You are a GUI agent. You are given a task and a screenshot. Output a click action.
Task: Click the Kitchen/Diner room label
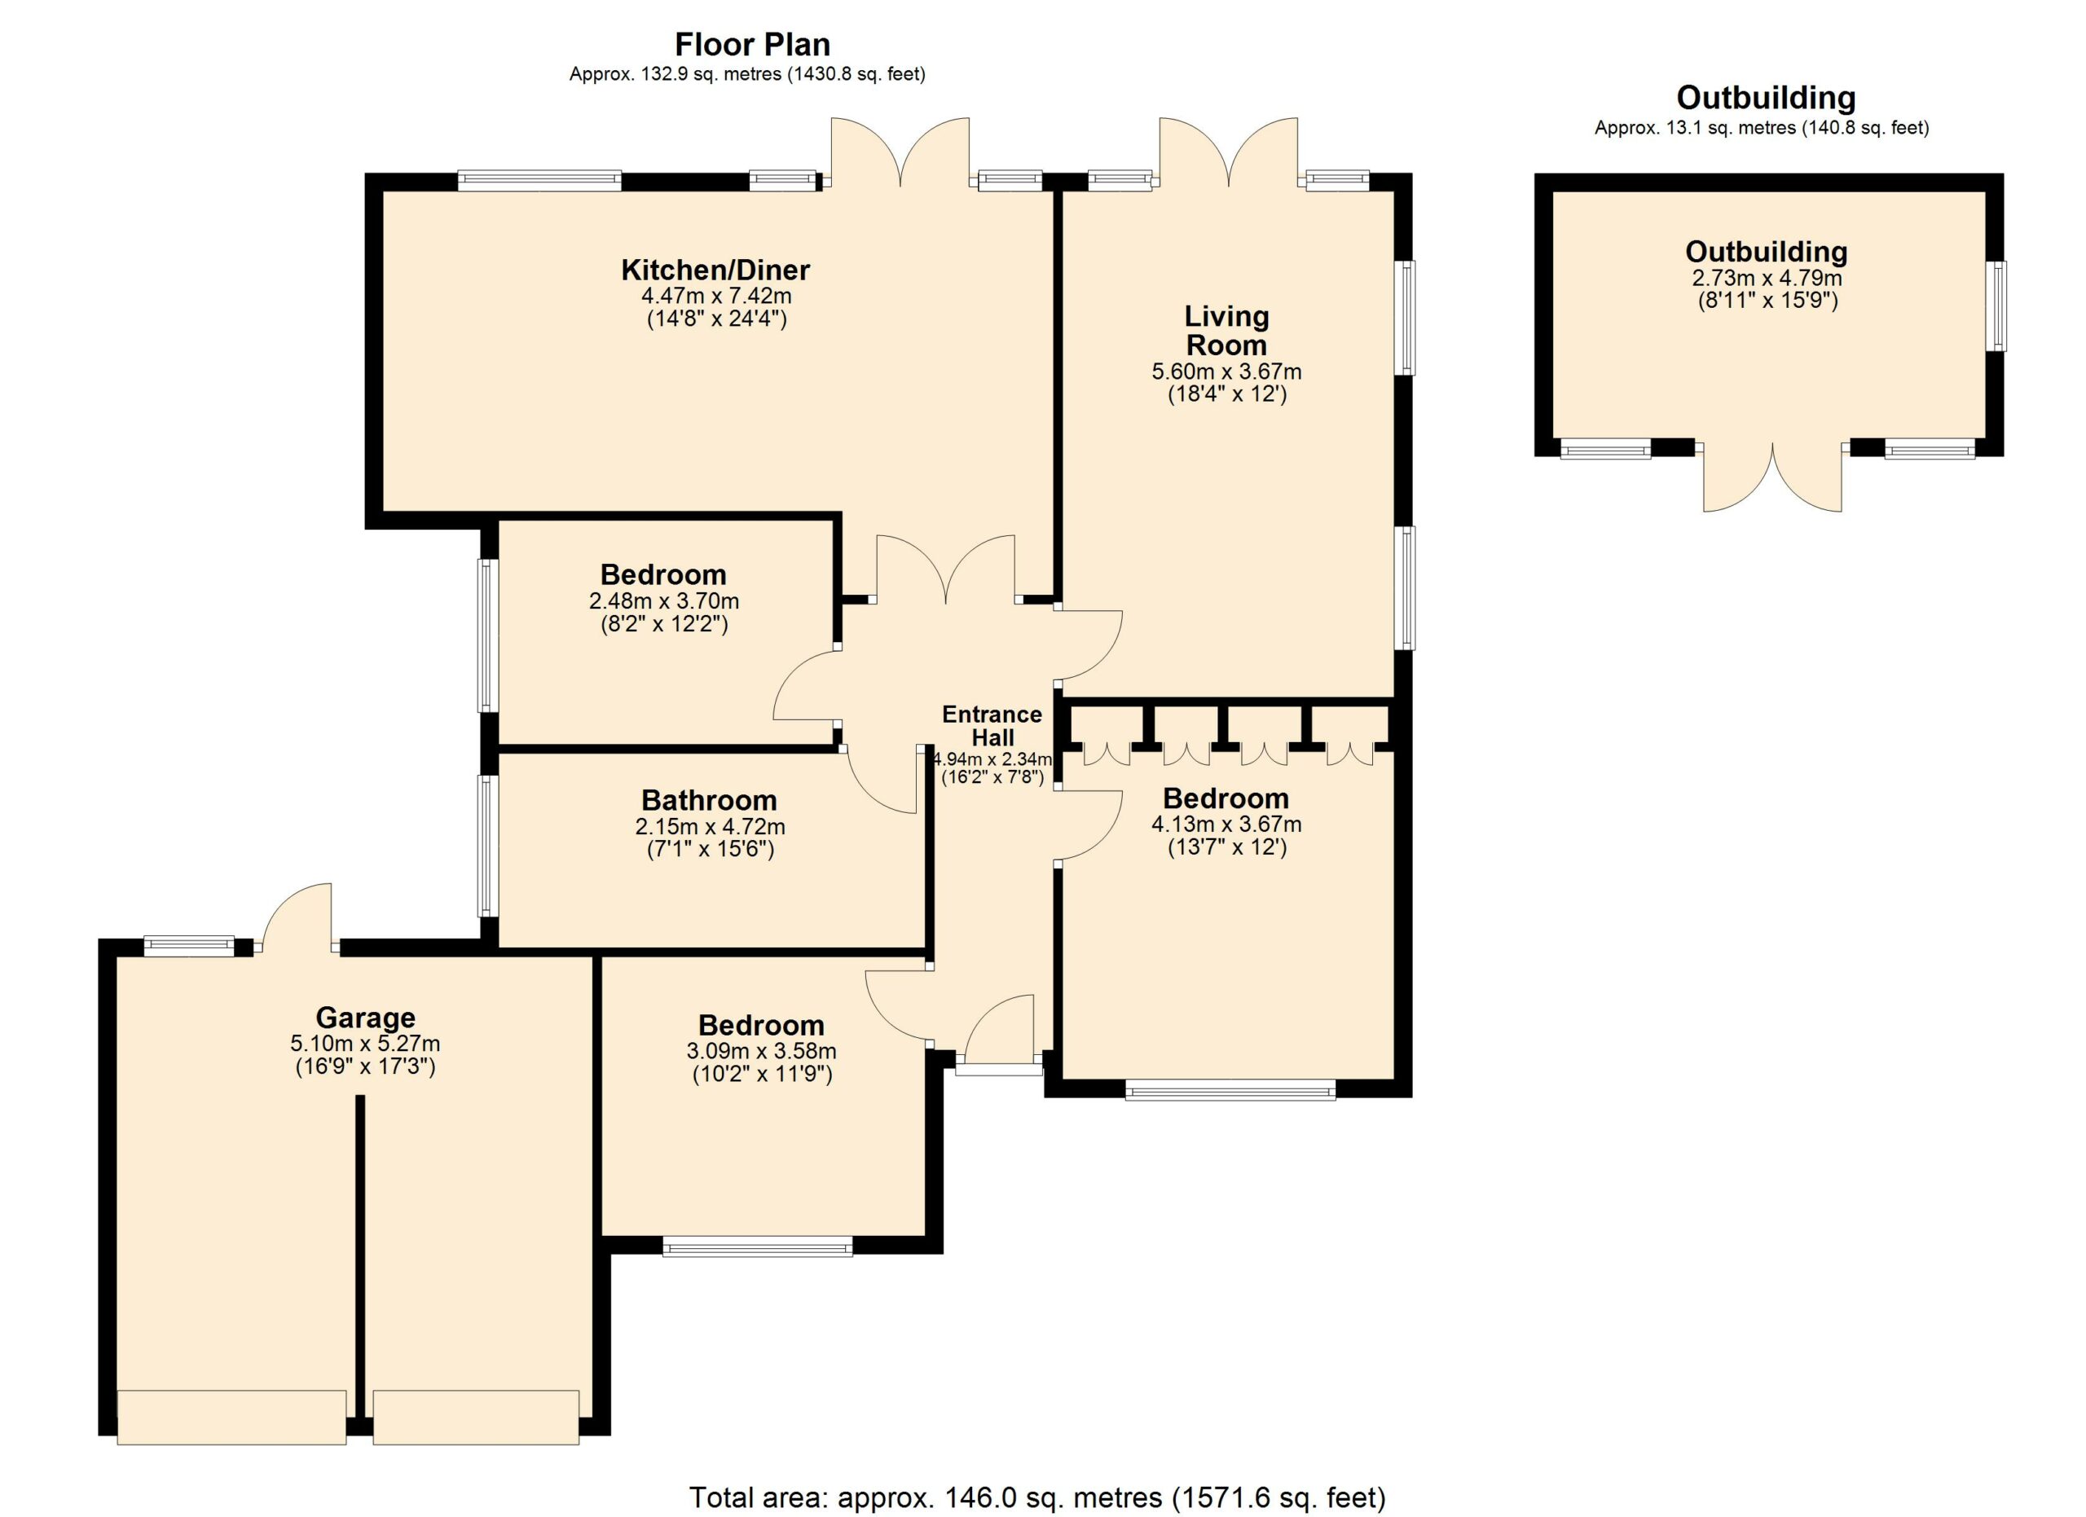[x=715, y=270]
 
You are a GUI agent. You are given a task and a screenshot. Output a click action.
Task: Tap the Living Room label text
[x=1226, y=330]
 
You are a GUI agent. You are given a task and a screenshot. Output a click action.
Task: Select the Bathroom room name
[x=709, y=800]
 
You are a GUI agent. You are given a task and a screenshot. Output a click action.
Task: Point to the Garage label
[x=365, y=1018]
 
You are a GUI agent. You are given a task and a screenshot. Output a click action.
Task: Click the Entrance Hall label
[x=992, y=727]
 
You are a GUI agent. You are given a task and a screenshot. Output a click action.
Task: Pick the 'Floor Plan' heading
[x=752, y=44]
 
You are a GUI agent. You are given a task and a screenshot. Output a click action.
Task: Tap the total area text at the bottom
[x=1037, y=1497]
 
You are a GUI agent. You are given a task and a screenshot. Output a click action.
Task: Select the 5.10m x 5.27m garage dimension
[x=365, y=1044]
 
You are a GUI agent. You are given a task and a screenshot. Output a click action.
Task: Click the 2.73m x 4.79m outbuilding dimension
[x=1767, y=278]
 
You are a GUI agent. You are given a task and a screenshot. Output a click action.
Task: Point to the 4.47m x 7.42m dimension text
[x=716, y=296]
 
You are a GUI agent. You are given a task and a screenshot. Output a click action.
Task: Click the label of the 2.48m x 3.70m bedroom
[x=663, y=574]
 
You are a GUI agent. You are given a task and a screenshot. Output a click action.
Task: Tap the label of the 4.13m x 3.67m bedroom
[x=1226, y=798]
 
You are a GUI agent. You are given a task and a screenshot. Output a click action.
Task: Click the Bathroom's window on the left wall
[x=487, y=846]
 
